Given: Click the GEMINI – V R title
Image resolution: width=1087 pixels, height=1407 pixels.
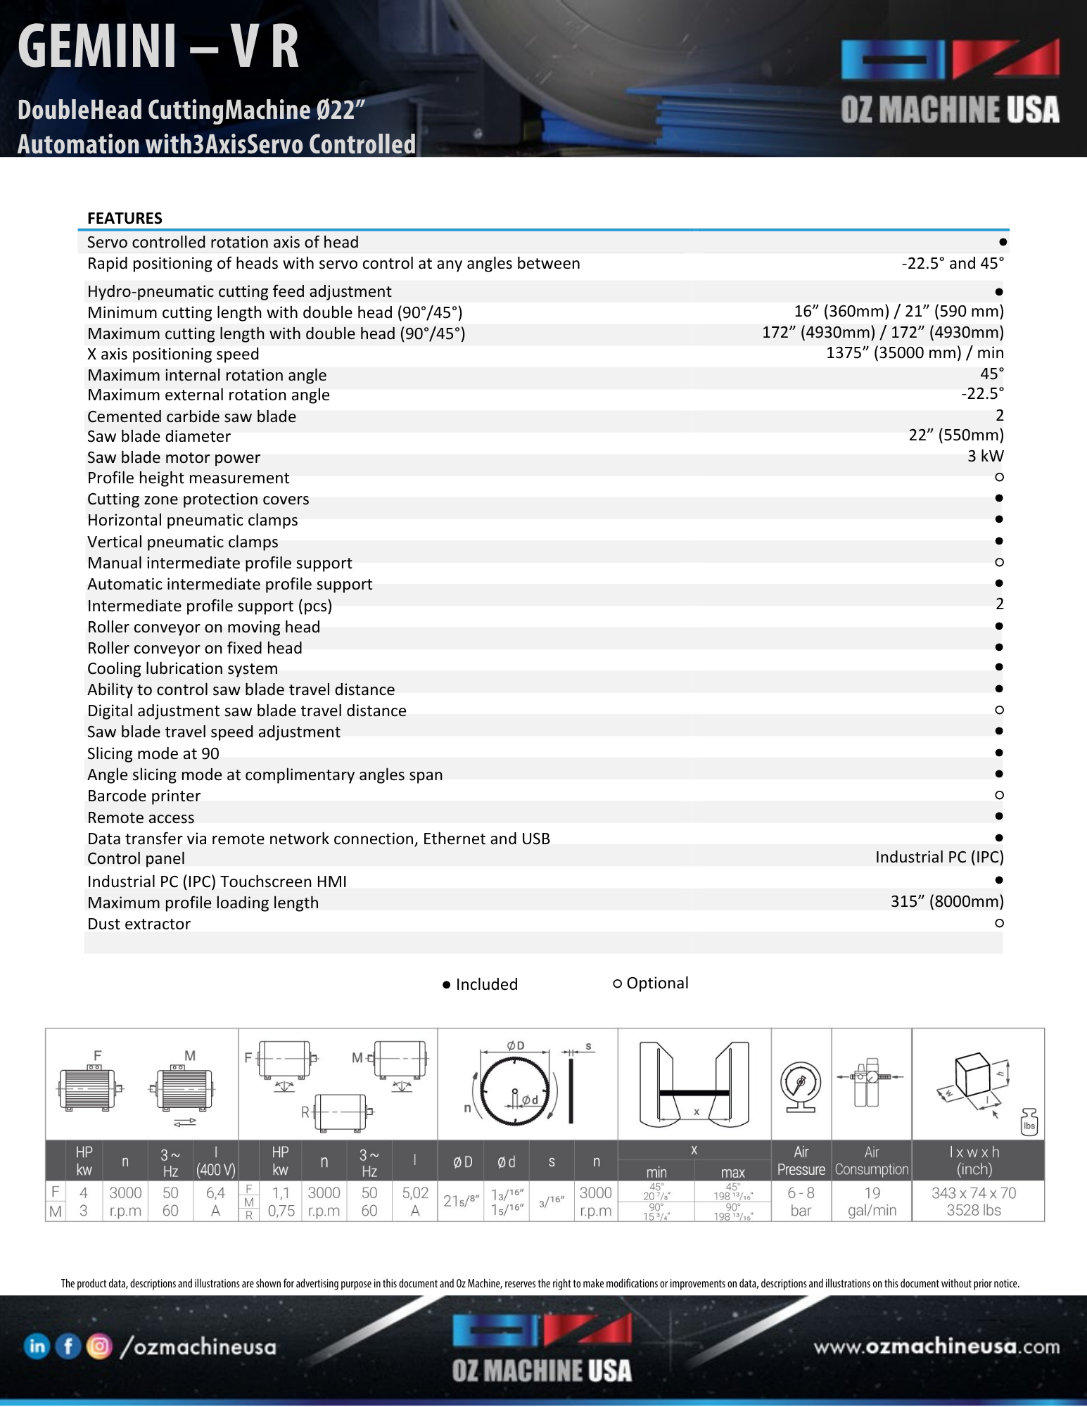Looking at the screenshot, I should (158, 46).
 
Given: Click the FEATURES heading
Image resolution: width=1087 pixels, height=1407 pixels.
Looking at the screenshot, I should (125, 218).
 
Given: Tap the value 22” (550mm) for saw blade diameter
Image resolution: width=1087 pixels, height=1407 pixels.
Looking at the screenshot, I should (955, 435).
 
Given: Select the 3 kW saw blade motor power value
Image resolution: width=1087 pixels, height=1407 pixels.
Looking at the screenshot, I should (985, 457).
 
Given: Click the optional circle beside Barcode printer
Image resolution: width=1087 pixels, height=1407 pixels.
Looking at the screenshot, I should (999, 795).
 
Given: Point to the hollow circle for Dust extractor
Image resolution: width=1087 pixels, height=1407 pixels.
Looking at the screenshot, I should (999, 923).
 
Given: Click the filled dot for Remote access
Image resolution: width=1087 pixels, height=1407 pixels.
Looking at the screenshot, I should (999, 816).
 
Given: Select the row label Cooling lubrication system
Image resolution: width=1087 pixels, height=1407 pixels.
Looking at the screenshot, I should (182, 668).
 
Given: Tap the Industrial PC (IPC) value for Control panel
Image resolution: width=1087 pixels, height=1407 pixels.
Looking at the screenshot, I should (939, 858).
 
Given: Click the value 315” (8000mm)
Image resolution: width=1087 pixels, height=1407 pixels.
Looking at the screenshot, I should (946, 902).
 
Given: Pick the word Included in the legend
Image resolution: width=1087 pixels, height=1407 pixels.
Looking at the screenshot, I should (486, 984).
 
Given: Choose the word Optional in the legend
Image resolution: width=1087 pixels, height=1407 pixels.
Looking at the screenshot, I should (657, 983).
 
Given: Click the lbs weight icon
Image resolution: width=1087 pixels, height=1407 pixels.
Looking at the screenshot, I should (1029, 1123).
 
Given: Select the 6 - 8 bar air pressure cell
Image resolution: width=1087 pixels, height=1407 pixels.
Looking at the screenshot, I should (801, 1202).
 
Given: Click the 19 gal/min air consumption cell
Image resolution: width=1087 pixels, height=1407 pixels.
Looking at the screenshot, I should (872, 1202).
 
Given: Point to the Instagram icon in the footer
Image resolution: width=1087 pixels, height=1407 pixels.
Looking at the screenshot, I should (99, 1346).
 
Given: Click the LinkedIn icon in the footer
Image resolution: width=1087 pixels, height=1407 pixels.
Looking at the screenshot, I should (37, 1346).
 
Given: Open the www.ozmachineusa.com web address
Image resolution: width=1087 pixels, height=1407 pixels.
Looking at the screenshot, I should (936, 1346).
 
